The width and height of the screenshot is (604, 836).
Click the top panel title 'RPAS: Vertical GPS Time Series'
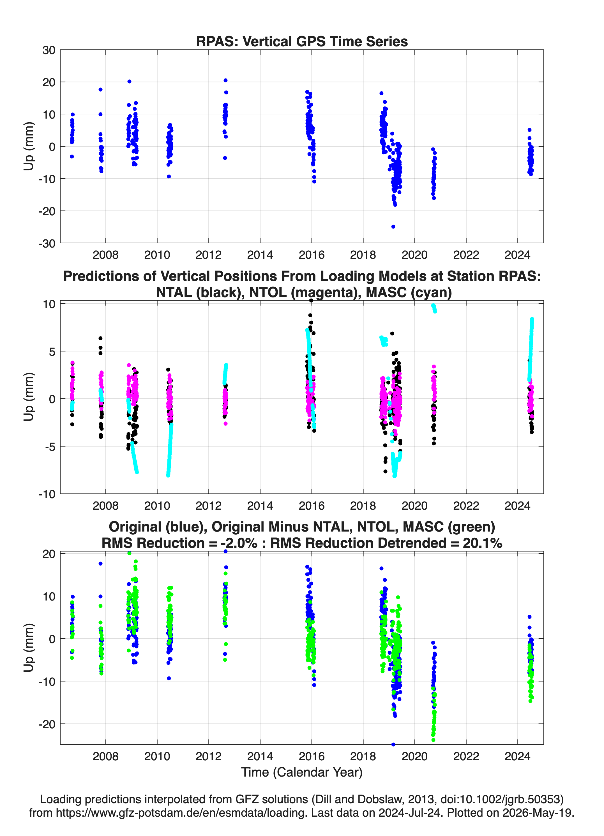click(x=302, y=41)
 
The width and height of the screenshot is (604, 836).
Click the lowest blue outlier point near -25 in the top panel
click(x=393, y=226)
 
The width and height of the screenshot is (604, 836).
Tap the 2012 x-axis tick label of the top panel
click(x=209, y=255)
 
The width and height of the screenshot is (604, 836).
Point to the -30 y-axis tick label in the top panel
click(x=47, y=243)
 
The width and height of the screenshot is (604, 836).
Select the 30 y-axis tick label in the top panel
click(x=49, y=50)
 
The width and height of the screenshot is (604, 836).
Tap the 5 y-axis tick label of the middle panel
click(x=52, y=352)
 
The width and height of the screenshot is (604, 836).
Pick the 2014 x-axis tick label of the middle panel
click(x=260, y=505)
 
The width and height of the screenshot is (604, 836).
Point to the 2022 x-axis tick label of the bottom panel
click(x=466, y=756)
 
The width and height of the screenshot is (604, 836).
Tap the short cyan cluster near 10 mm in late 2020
click(x=434, y=308)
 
